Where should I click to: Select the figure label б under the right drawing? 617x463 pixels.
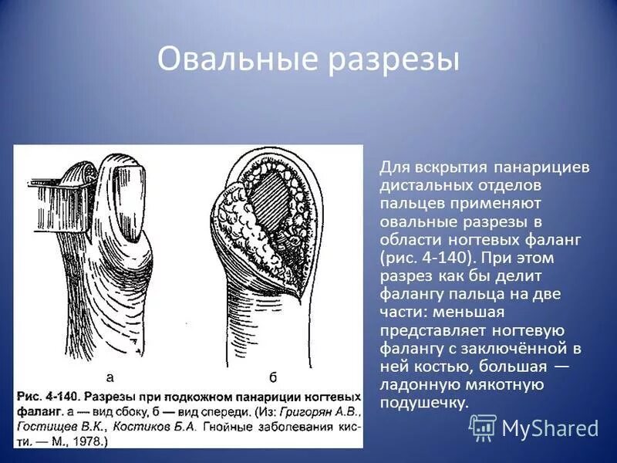[272, 377]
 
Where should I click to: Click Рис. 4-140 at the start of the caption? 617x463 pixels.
[45, 394]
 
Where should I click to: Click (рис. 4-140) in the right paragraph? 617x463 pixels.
[423, 258]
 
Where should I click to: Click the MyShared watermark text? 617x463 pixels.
[550, 428]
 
